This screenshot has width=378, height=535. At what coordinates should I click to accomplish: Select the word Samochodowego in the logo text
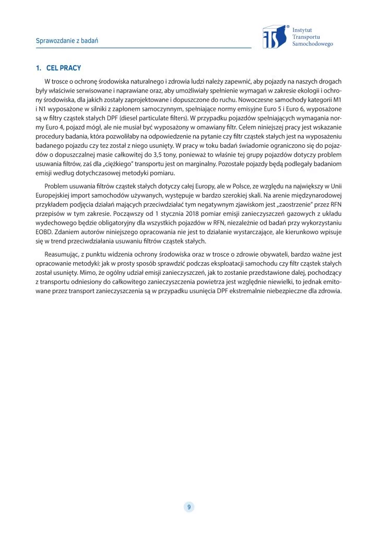[313, 44]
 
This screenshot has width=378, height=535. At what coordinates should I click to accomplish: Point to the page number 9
[188, 507]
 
